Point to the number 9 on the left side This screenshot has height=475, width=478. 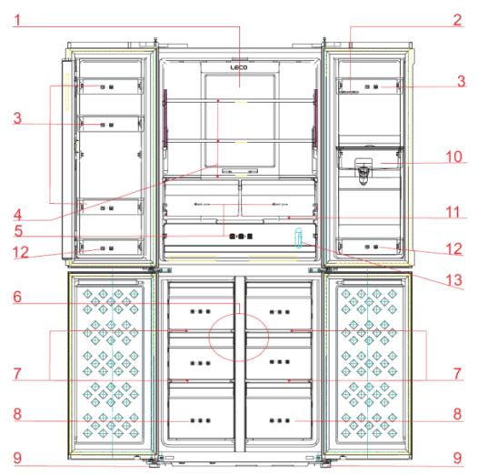[15, 456]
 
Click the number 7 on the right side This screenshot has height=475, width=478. [459, 374]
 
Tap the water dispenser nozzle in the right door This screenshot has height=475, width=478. [364, 169]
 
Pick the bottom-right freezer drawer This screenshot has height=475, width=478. [282, 421]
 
